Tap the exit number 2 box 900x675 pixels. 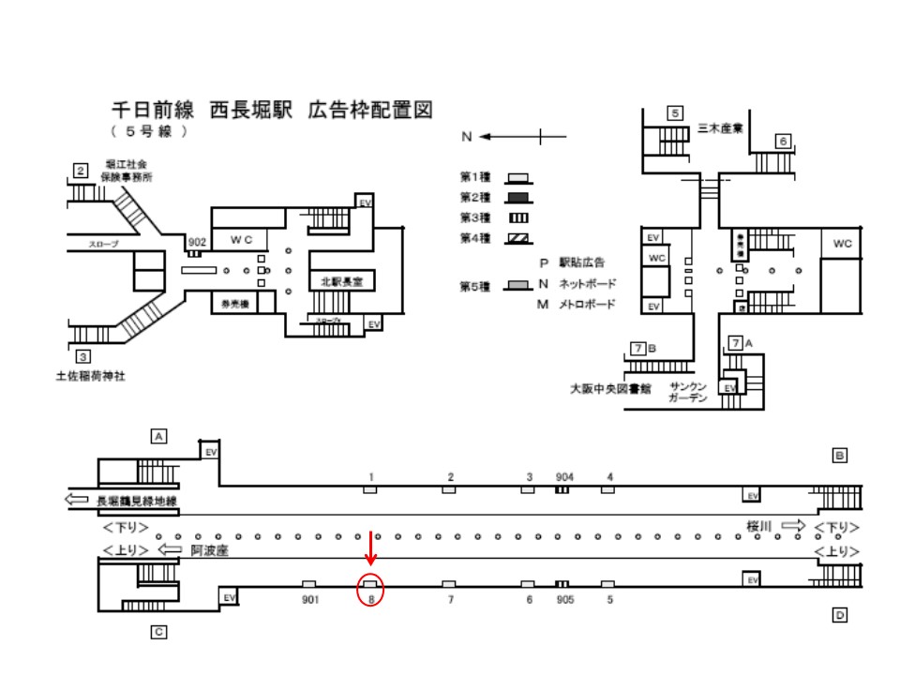point(82,171)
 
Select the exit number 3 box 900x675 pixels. point(82,356)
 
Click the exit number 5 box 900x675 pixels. point(674,113)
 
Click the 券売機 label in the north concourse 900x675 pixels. point(232,303)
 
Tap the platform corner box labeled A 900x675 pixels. point(159,436)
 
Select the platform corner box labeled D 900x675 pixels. point(840,615)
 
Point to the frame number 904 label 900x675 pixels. point(563,476)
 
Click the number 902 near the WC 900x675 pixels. point(196,242)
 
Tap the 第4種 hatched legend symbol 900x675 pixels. point(517,238)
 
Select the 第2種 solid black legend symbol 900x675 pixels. point(517,198)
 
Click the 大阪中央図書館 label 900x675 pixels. point(612,388)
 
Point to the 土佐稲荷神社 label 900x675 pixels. point(90,377)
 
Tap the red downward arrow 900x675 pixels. point(371,549)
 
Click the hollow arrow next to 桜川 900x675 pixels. point(793,527)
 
